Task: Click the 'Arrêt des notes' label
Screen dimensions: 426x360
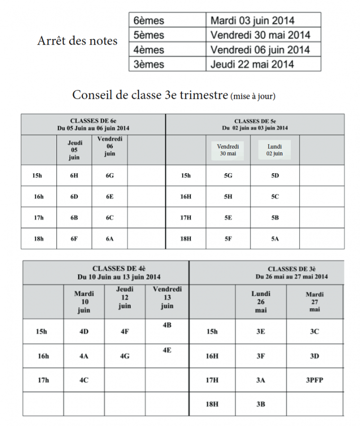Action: point(77,41)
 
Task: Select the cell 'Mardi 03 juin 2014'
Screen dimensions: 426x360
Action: point(252,20)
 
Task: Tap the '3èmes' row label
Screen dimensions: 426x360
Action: point(148,64)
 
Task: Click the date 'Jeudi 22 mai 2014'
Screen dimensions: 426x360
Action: point(252,64)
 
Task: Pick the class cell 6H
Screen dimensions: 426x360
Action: point(74,176)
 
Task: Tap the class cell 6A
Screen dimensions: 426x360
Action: point(109,239)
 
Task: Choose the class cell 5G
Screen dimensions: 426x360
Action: point(228,176)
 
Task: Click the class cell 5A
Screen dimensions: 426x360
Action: point(275,239)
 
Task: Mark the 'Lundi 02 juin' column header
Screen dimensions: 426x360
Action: point(275,150)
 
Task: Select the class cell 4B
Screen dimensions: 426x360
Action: point(167,326)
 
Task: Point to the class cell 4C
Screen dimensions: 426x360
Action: point(84,380)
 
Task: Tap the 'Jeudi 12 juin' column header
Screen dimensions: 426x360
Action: point(125,297)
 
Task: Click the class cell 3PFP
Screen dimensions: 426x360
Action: point(315,380)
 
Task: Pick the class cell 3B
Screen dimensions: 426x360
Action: point(261,404)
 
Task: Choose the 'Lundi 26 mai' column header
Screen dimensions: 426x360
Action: point(261,302)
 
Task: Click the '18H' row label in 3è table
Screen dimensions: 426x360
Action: point(212,404)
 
